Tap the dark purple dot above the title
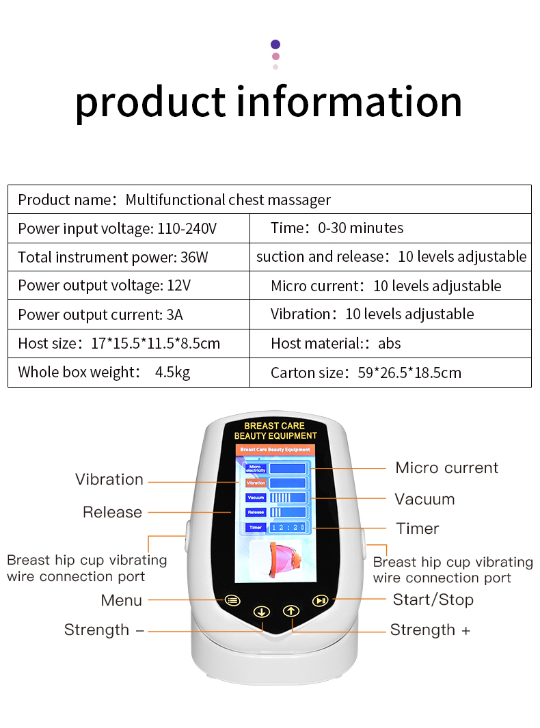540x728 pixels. [x=275, y=44]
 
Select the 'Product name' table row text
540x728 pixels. [x=174, y=200]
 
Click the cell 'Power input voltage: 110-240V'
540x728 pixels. [x=117, y=228]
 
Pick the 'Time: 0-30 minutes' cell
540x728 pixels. [x=337, y=228]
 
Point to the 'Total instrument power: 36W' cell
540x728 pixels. [x=113, y=257]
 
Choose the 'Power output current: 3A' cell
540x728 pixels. [x=100, y=314]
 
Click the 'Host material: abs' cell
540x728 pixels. [x=336, y=343]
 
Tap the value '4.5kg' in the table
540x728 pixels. [x=172, y=373]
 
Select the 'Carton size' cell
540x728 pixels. [x=366, y=373]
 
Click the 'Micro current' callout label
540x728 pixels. [x=447, y=468]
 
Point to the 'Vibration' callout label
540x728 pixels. [x=109, y=479]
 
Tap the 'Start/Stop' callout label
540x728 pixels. [x=433, y=599]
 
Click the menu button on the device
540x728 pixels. [x=232, y=601]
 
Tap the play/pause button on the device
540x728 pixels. [x=320, y=601]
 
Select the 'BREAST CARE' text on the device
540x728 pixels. [x=275, y=426]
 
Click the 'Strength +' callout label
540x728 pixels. [x=430, y=630]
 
